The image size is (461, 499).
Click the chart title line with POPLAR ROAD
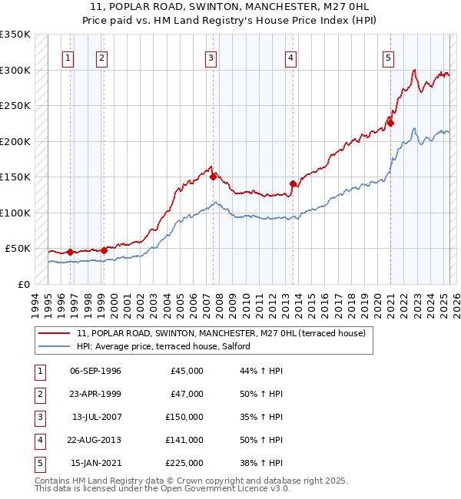tap(230, 6)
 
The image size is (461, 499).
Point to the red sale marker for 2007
tap(213, 177)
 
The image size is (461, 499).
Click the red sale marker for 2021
tap(390, 123)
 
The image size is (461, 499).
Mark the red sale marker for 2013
tap(293, 183)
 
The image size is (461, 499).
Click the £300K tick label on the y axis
tap(15, 70)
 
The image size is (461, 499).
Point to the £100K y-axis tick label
tap(15, 213)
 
